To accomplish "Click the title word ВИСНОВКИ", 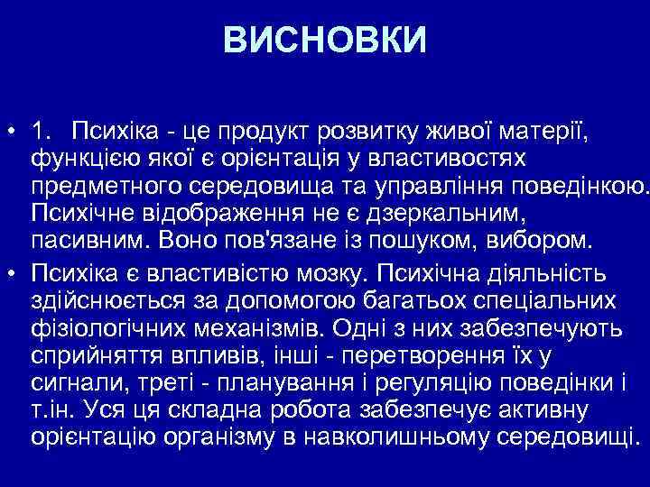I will pos(325,41).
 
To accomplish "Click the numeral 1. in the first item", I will pos(42,133).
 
